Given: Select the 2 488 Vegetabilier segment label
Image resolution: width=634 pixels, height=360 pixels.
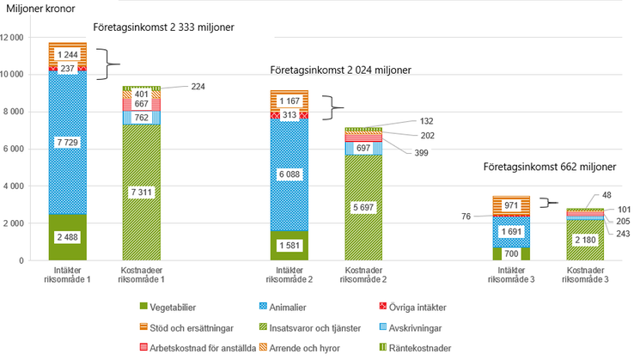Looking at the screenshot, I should (x=68, y=237).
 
